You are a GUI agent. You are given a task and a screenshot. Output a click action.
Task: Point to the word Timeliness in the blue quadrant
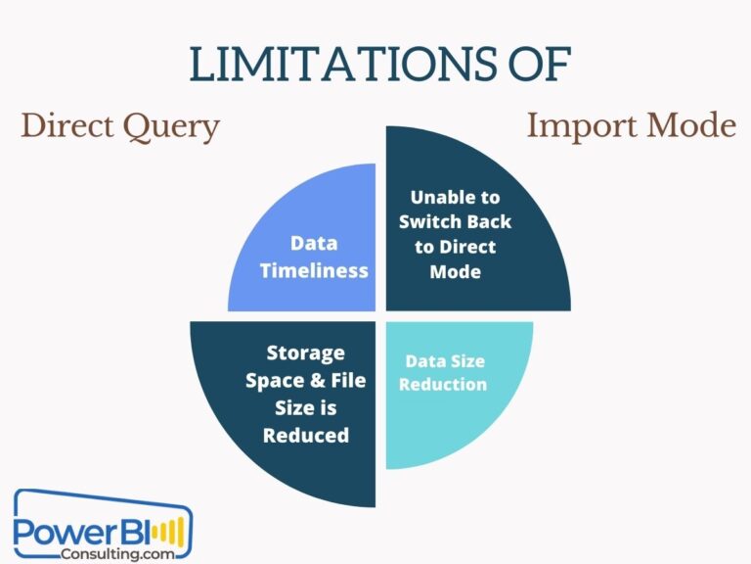point(314,270)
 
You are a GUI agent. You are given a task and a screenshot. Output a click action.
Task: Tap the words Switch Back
point(455,222)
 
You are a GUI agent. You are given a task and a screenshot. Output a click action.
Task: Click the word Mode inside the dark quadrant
point(455,271)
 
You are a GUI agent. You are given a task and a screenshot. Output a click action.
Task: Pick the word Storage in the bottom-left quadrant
point(306,352)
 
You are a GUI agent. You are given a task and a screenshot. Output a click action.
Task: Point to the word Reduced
point(306,434)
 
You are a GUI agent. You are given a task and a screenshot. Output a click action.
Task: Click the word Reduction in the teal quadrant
point(443,384)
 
